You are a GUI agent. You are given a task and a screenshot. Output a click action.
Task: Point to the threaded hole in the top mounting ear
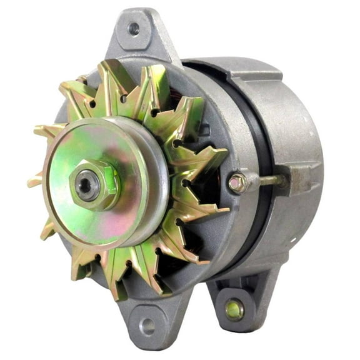(132, 28)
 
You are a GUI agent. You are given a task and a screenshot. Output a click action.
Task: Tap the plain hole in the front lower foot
(147, 324)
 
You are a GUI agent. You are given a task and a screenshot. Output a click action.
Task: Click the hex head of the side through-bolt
(236, 184)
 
